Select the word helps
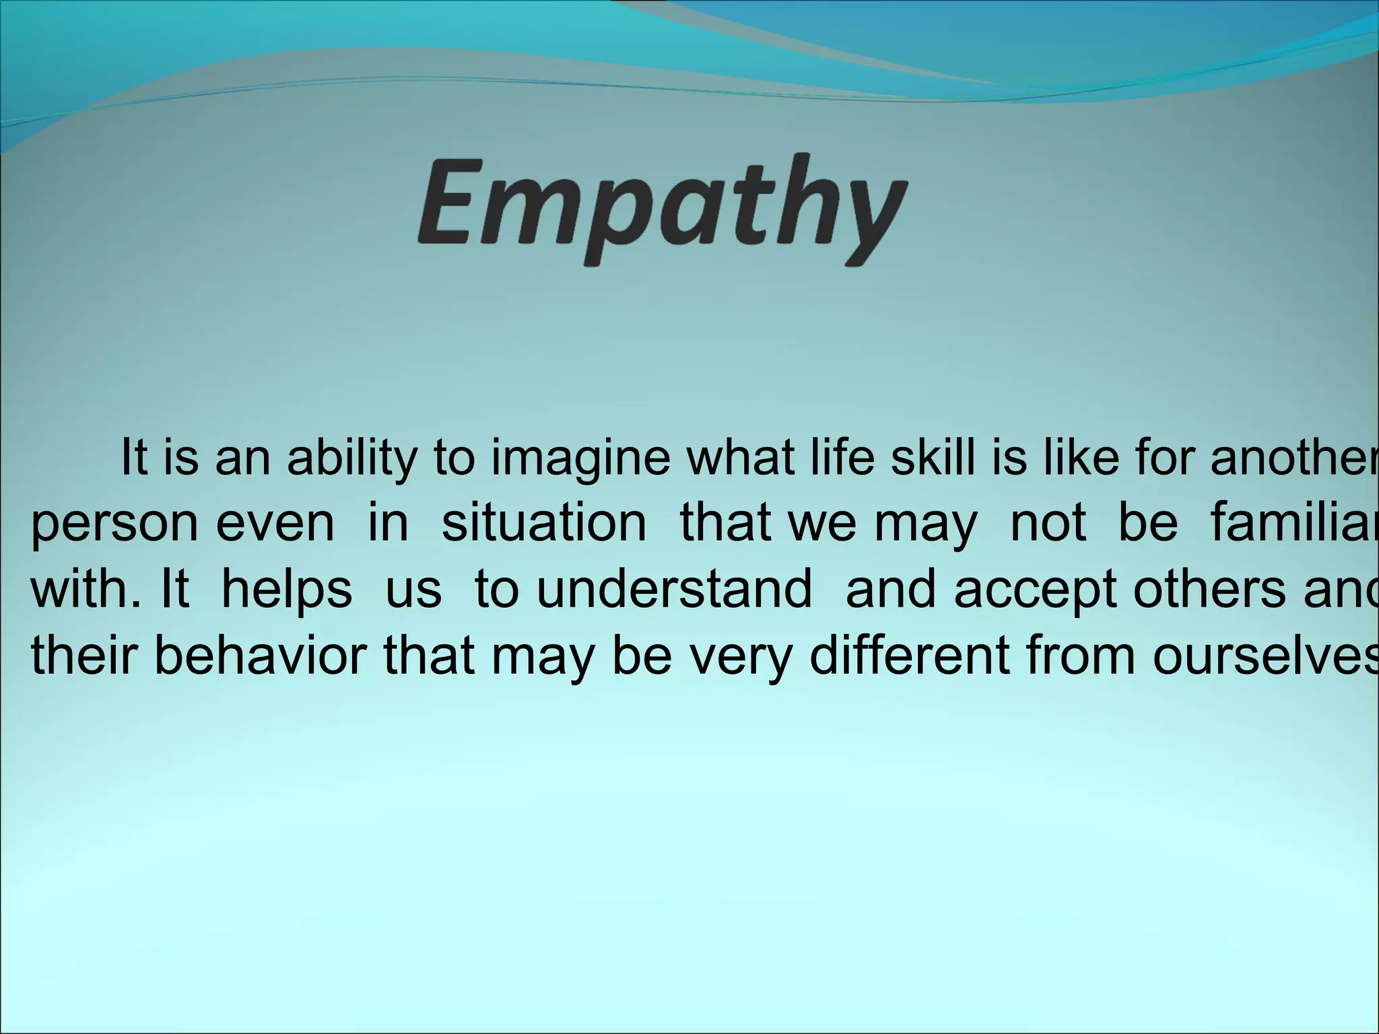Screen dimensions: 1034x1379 pyautogui.click(x=287, y=591)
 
